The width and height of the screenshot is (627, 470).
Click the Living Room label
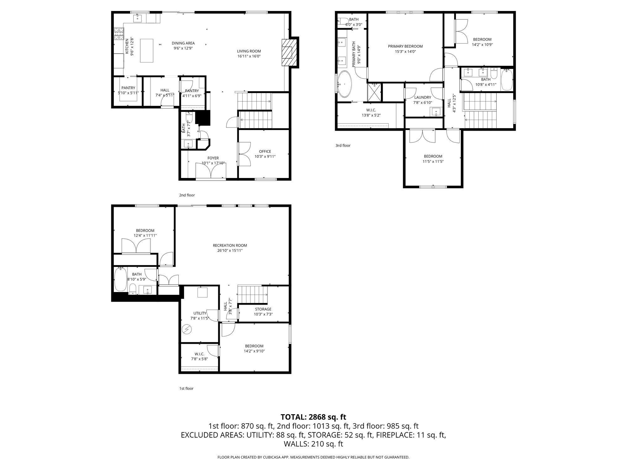pyautogui.click(x=249, y=51)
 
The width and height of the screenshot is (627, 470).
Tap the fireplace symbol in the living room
pyautogui.click(x=289, y=52)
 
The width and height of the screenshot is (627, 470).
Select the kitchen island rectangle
pyautogui.click(x=146, y=50)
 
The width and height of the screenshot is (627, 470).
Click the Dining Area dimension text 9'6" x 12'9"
pyautogui.click(x=183, y=48)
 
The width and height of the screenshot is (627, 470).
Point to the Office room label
pyautogui.click(x=265, y=151)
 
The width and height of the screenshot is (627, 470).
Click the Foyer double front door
pyautogui.click(x=211, y=171)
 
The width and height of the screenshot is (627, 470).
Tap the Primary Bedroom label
pyautogui.click(x=405, y=46)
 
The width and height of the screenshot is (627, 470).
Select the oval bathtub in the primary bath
pyautogui.click(x=345, y=84)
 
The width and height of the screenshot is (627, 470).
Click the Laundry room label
pyautogui.click(x=423, y=97)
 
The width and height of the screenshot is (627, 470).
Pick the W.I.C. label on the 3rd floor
pyautogui.click(x=371, y=110)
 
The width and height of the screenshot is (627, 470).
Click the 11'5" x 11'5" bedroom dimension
pyautogui.click(x=433, y=162)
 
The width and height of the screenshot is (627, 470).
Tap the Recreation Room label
pyautogui.click(x=230, y=245)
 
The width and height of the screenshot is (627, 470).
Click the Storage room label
pyautogui.click(x=263, y=309)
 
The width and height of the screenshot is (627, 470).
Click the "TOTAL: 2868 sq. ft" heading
pyautogui.click(x=313, y=417)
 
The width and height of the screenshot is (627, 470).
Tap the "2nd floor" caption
pyautogui.click(x=187, y=195)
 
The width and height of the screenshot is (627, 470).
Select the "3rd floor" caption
pyautogui.click(x=343, y=145)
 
